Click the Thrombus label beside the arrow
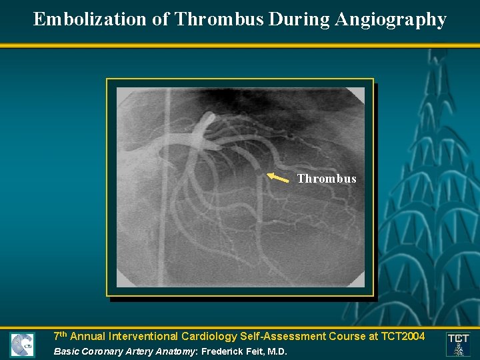327,179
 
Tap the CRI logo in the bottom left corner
22,345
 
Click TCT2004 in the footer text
400,337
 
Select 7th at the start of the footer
60,336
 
